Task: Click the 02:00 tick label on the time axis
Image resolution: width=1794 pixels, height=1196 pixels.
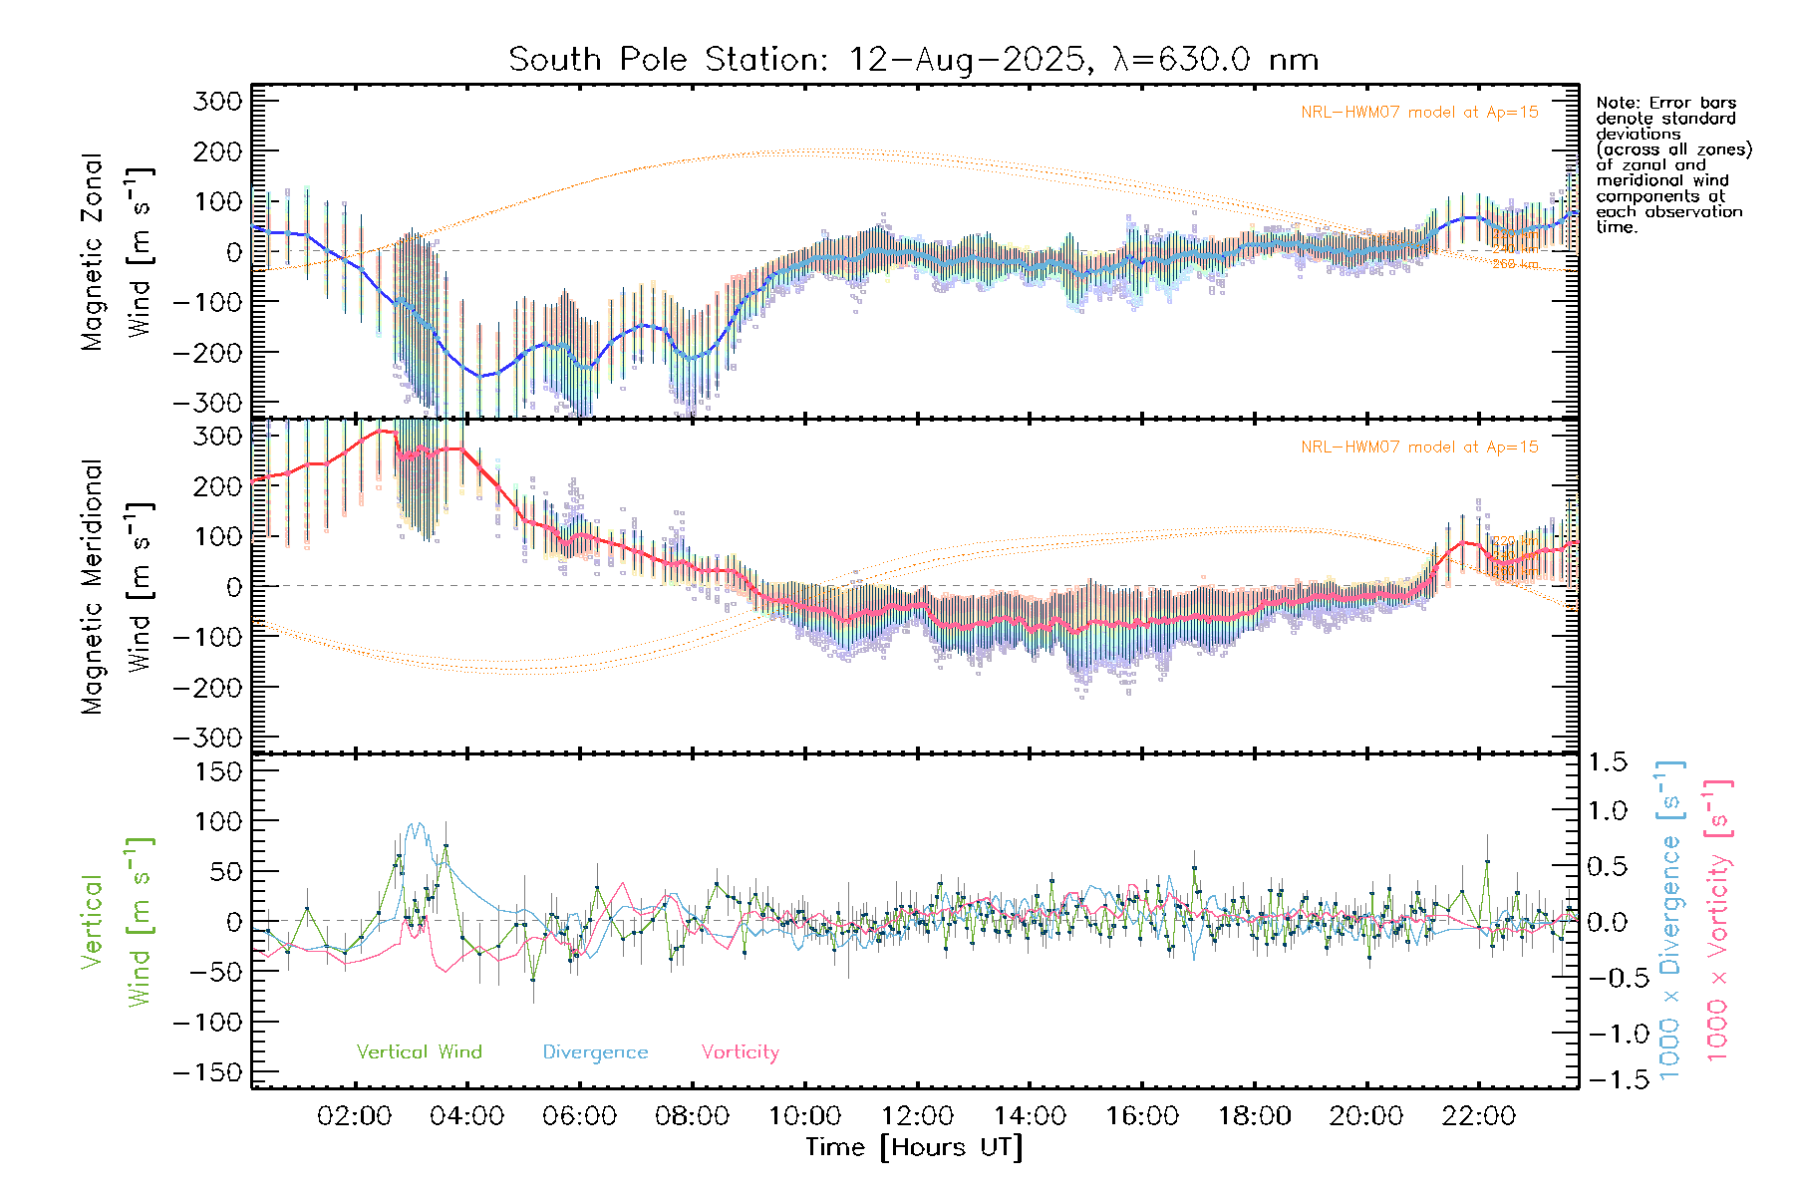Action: pyautogui.click(x=354, y=1116)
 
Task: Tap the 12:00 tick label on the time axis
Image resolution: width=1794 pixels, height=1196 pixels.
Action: pyautogui.click(x=917, y=1116)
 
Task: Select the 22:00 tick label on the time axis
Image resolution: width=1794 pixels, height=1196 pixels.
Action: pyautogui.click(x=1479, y=1116)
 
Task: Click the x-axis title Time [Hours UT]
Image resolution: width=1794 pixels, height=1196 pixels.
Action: pyautogui.click(x=914, y=1147)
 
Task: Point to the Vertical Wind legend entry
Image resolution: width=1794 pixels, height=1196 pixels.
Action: pyautogui.click(x=419, y=1052)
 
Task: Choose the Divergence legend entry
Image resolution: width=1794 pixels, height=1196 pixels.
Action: pyautogui.click(x=595, y=1052)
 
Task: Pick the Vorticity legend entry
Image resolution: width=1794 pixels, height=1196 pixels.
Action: pyautogui.click(x=740, y=1052)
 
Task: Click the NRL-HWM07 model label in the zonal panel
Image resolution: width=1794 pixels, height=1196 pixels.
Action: pyautogui.click(x=1419, y=113)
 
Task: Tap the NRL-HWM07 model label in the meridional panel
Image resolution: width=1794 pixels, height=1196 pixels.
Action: pyautogui.click(x=1419, y=448)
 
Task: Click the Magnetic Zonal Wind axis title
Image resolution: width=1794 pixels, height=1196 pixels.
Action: pyautogui.click(x=117, y=251)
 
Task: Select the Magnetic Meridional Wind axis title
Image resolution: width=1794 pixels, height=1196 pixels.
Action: pyautogui.click(x=117, y=586)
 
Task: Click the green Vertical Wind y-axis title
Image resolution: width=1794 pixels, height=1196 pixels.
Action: pyautogui.click(x=117, y=921)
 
